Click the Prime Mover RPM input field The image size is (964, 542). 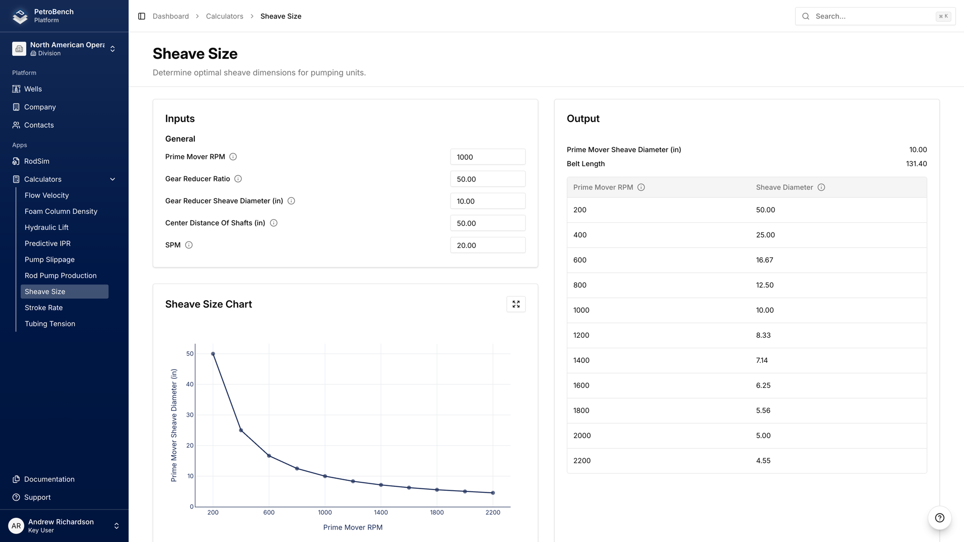coord(488,157)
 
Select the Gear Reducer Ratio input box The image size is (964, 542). coord(488,179)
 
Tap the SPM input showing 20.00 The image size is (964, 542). coord(488,245)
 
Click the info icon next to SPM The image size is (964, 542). coord(189,245)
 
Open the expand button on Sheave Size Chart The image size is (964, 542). coord(516,304)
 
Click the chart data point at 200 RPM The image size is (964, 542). coord(213,354)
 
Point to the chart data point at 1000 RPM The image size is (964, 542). coord(325,476)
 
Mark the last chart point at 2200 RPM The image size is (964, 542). coord(493,493)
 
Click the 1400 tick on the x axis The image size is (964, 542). coord(381,512)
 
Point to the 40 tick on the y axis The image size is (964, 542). coord(190,384)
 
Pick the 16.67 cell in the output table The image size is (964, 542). coord(765,260)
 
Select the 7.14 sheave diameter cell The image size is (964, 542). coord(762,360)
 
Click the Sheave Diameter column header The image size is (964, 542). coord(784,187)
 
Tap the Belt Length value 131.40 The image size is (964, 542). coord(916,164)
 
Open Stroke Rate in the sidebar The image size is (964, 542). coord(44,308)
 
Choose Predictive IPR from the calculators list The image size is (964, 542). coord(48,243)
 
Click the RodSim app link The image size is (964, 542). coord(37,161)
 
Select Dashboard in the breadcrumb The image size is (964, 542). coord(171,16)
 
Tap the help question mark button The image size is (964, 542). coord(939,518)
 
